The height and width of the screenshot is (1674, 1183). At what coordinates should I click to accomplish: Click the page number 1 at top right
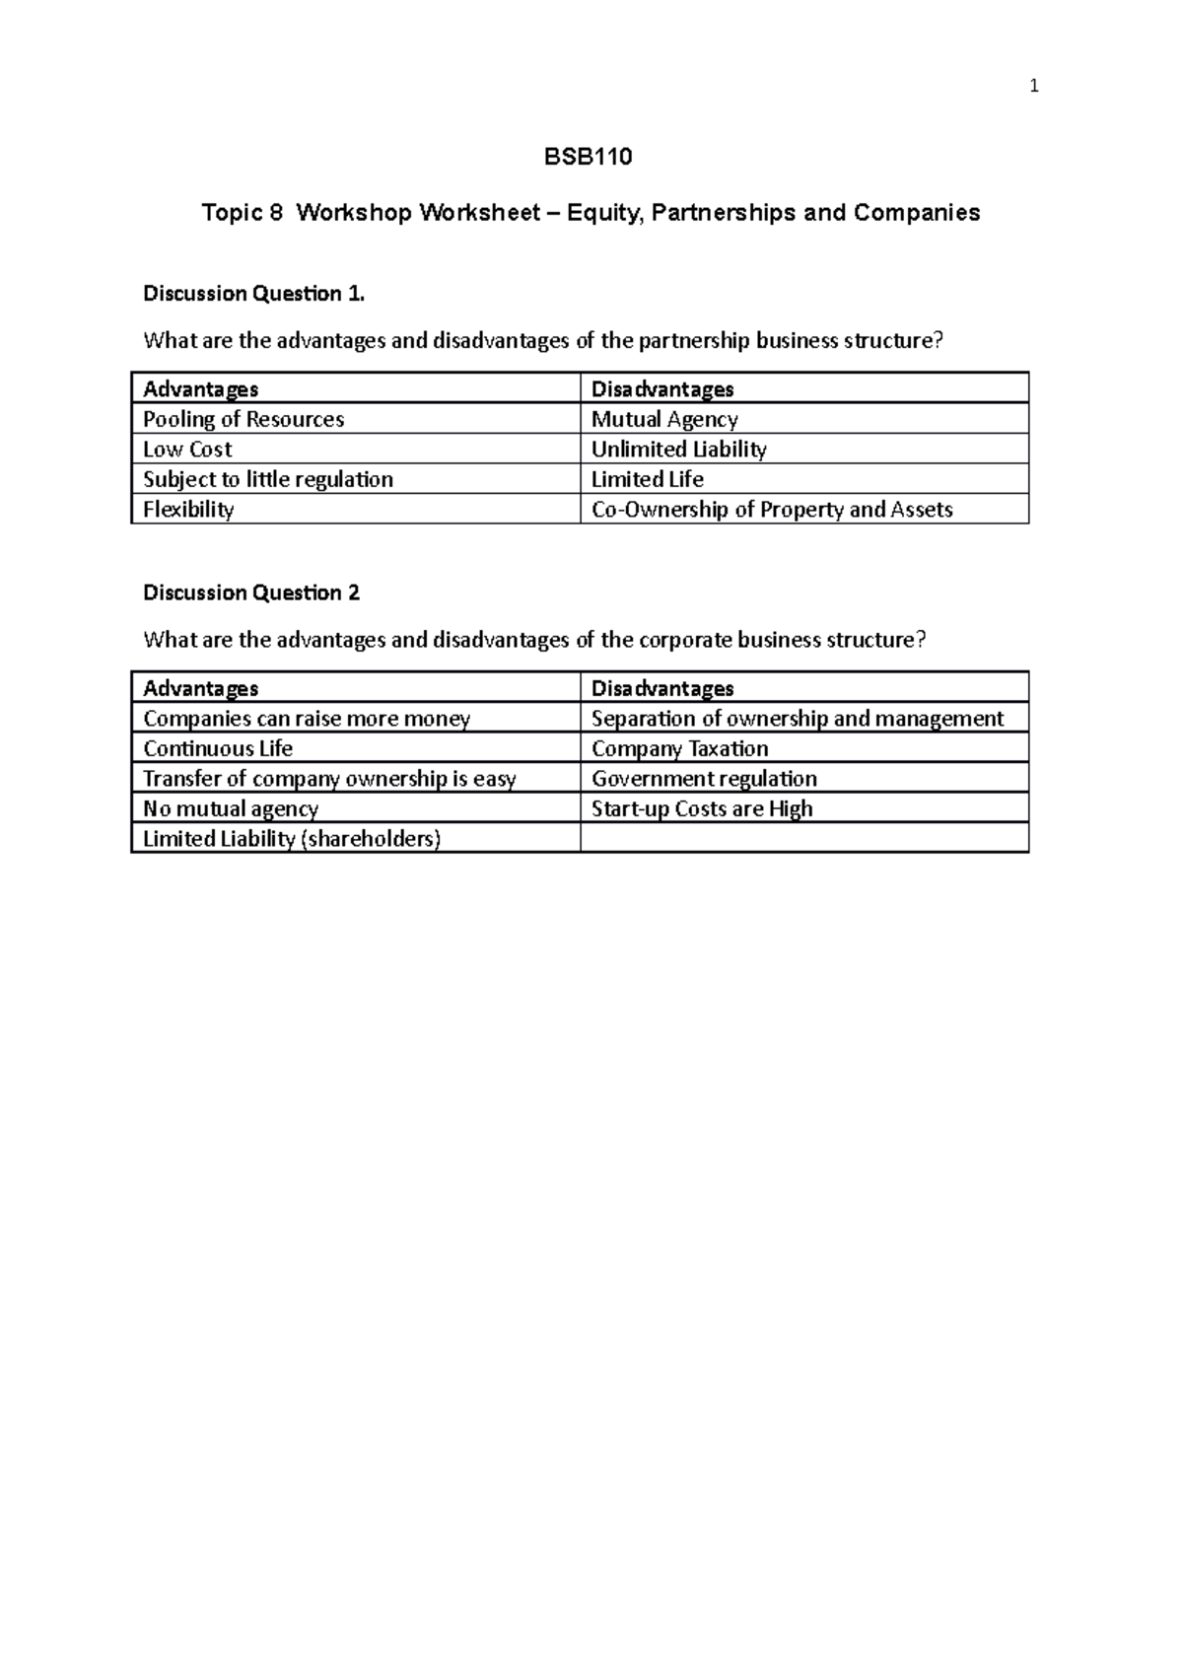1033,87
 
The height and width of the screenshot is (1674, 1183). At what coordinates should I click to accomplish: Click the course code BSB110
589,157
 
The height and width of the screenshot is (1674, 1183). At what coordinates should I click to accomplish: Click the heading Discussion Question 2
251,593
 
